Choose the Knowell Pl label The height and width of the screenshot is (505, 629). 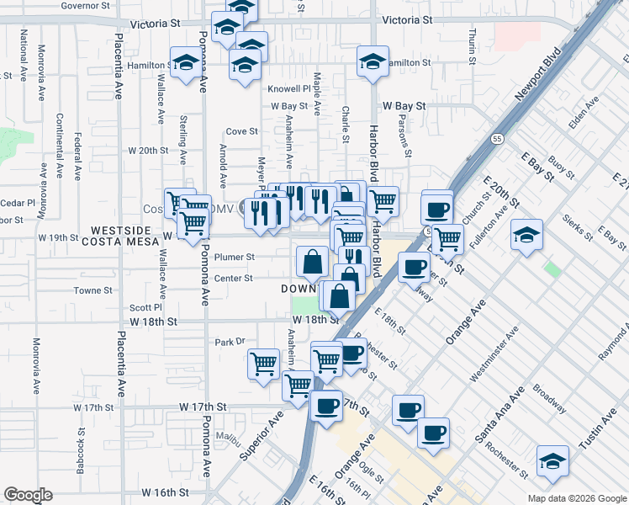[289, 88]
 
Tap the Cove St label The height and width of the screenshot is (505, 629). [241, 131]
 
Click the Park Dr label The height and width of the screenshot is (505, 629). [229, 342]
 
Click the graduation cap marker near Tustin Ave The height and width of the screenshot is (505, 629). [552, 461]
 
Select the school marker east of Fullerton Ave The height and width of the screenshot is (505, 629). [526, 234]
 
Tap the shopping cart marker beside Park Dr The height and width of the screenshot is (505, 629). [263, 364]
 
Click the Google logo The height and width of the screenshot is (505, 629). [28, 495]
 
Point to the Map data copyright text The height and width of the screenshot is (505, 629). [576, 498]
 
